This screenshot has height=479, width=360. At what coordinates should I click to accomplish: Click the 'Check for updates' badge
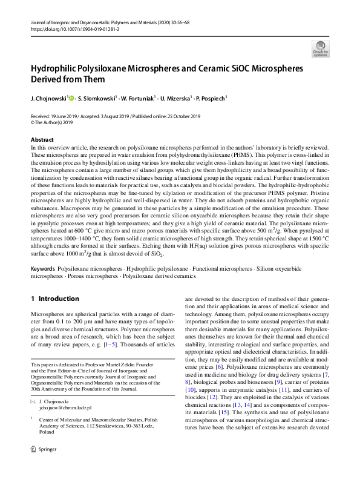point(320,48)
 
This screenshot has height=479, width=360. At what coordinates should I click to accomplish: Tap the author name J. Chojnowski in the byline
point(50,97)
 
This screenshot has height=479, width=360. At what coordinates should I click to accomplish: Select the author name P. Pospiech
point(210,97)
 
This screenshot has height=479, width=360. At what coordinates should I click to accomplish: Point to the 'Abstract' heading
point(42,140)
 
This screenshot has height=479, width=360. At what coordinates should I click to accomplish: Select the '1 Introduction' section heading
point(54,299)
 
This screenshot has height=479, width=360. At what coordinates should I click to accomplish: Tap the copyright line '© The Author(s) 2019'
point(51,122)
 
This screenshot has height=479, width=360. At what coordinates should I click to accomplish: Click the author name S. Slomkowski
point(97,97)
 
